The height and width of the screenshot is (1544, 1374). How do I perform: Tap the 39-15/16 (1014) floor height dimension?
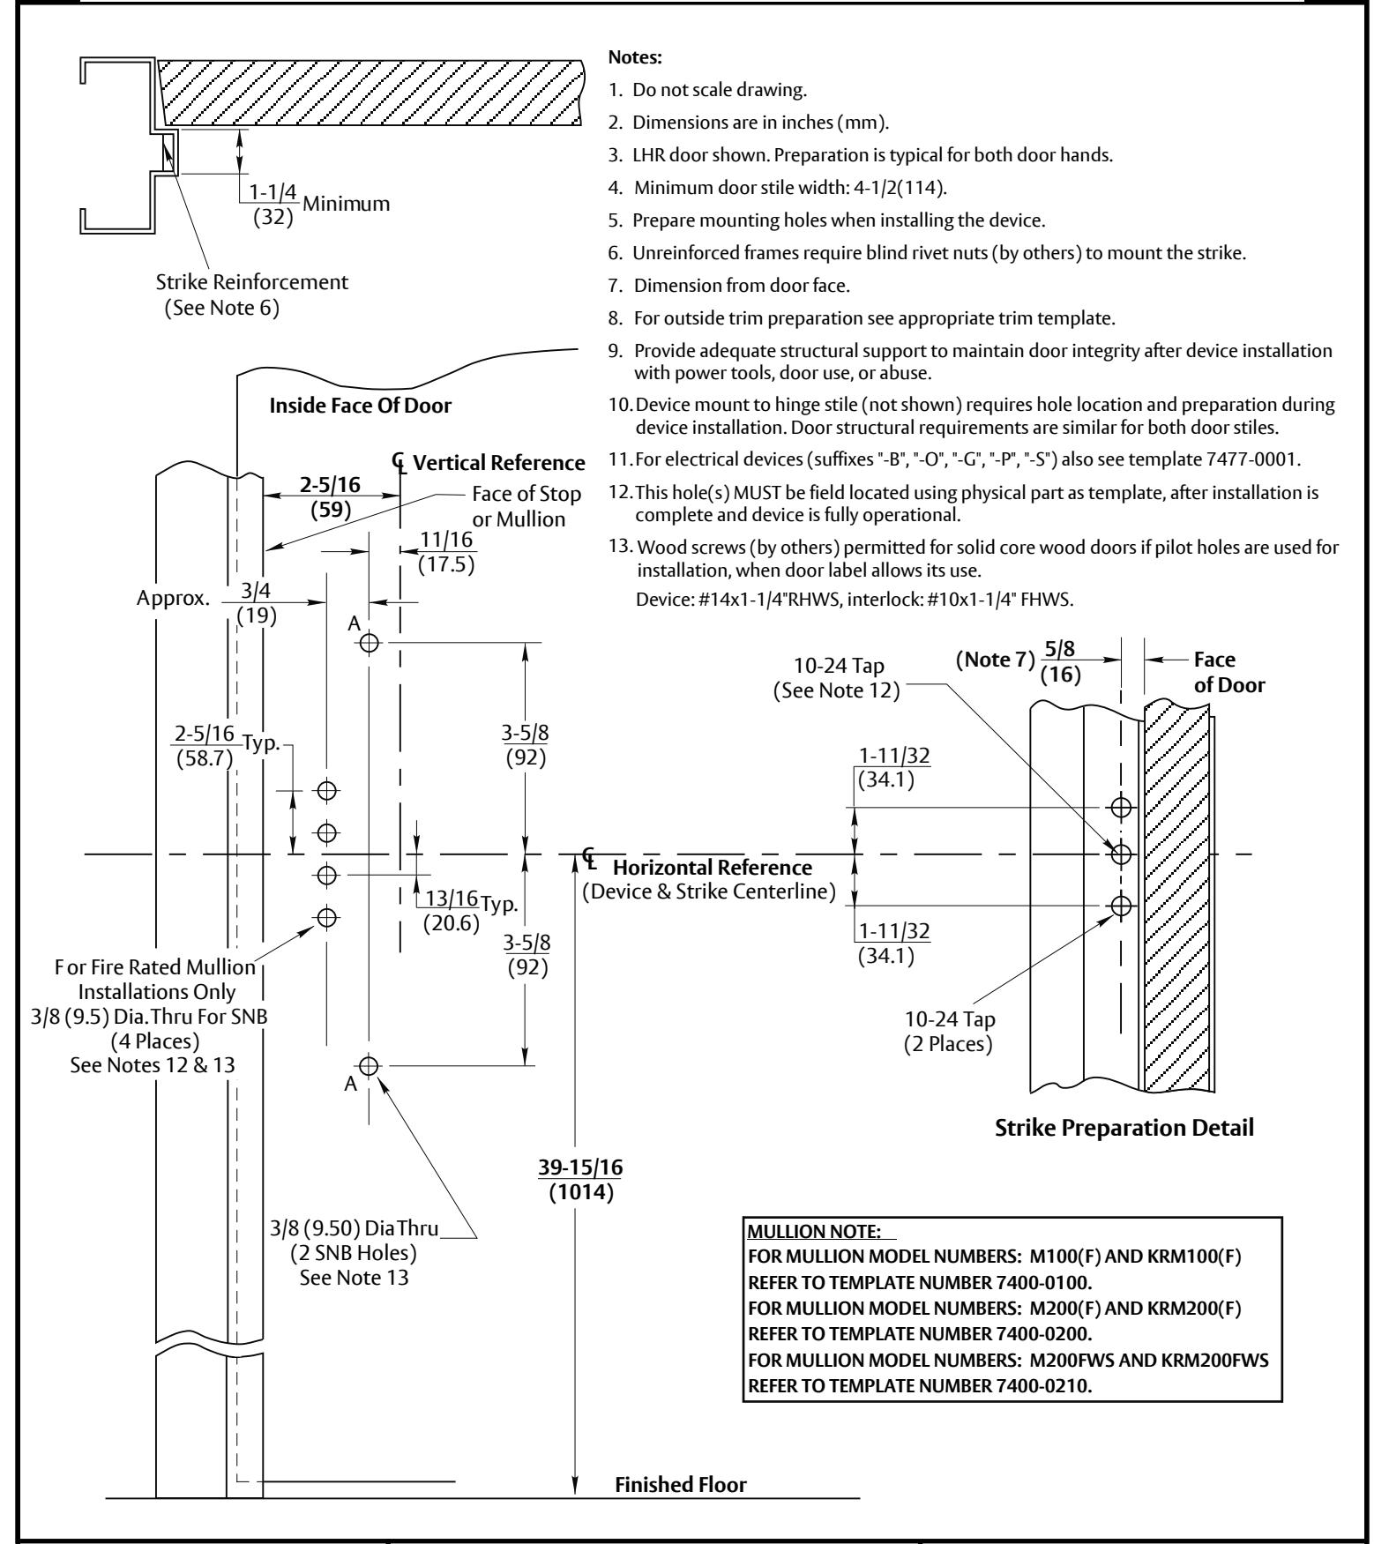click(580, 1180)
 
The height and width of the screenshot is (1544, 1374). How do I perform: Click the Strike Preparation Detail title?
click(1124, 1128)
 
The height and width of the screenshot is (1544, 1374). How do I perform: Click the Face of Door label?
click(1229, 672)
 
